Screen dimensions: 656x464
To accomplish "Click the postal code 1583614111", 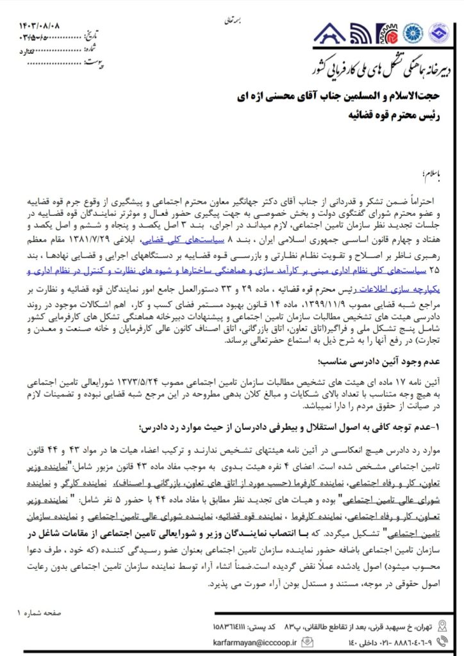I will point(233,625).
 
